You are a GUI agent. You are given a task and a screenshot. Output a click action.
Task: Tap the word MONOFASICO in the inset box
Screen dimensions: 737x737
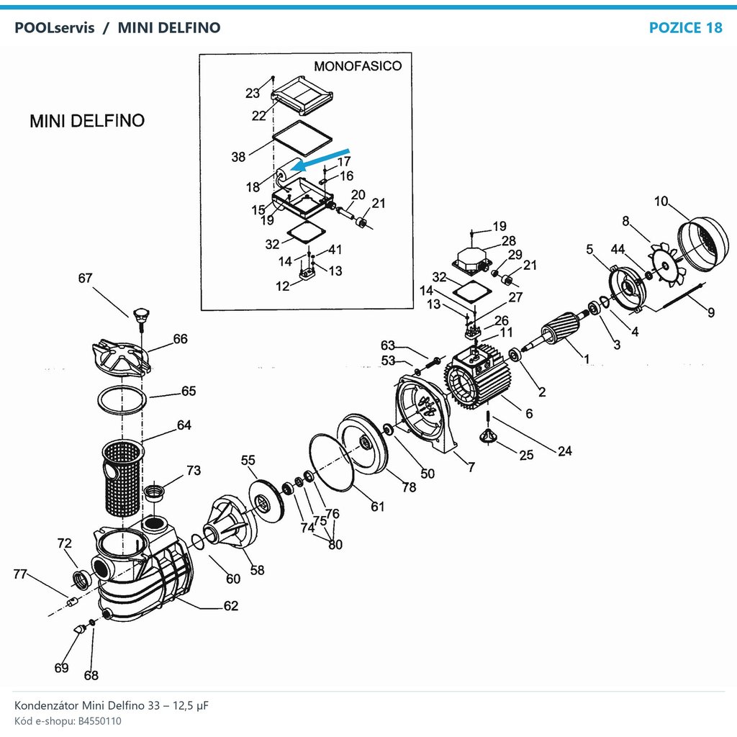point(358,65)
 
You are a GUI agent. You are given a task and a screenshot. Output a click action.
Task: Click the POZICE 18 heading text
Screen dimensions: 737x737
point(685,28)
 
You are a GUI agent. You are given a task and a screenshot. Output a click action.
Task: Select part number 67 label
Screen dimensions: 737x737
point(85,279)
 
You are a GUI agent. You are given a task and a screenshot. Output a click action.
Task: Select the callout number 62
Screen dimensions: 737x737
point(231,605)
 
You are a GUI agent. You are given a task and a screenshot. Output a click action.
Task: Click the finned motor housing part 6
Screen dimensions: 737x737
point(477,376)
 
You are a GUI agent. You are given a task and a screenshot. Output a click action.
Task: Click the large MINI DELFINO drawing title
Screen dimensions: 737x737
point(87,121)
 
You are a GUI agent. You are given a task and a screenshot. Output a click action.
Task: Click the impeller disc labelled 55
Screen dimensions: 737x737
point(266,502)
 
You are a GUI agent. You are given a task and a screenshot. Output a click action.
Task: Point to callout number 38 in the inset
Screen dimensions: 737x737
point(238,156)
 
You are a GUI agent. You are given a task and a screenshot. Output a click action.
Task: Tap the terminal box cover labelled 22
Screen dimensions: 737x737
point(302,96)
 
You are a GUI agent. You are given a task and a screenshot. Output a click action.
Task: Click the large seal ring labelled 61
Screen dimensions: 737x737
point(331,462)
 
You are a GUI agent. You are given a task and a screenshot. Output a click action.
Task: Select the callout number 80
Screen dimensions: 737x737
point(335,544)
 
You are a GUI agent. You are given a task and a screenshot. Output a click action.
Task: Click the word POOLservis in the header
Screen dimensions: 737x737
point(55,28)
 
